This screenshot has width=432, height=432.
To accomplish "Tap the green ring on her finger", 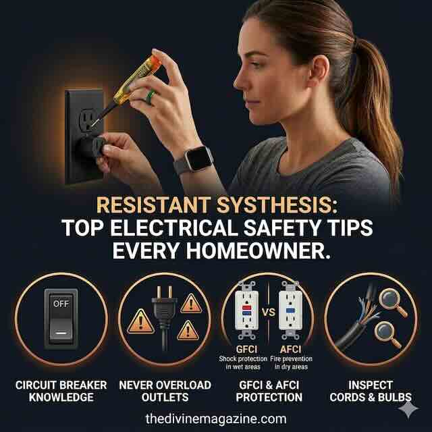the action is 151,97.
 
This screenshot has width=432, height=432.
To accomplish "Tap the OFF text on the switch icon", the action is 61,304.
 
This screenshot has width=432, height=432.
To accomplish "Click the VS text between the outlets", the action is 269,312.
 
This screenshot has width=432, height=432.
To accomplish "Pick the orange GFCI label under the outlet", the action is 246,350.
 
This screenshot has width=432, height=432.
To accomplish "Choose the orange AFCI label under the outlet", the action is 290,350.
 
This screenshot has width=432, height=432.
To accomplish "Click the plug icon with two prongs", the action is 164,317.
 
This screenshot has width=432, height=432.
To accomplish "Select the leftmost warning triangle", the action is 141,321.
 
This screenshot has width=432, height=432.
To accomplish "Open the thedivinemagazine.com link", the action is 216,418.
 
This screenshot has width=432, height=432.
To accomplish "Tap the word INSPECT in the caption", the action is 371,385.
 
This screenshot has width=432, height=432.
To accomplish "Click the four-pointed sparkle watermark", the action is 408,410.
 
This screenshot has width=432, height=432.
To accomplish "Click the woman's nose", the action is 239,80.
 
